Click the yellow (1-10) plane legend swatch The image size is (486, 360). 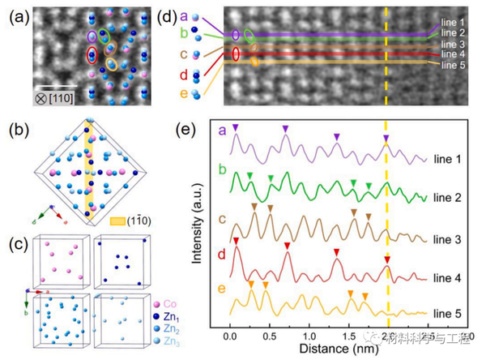(118, 219)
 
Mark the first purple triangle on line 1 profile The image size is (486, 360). (235, 128)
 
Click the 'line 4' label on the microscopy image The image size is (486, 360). (451, 54)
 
